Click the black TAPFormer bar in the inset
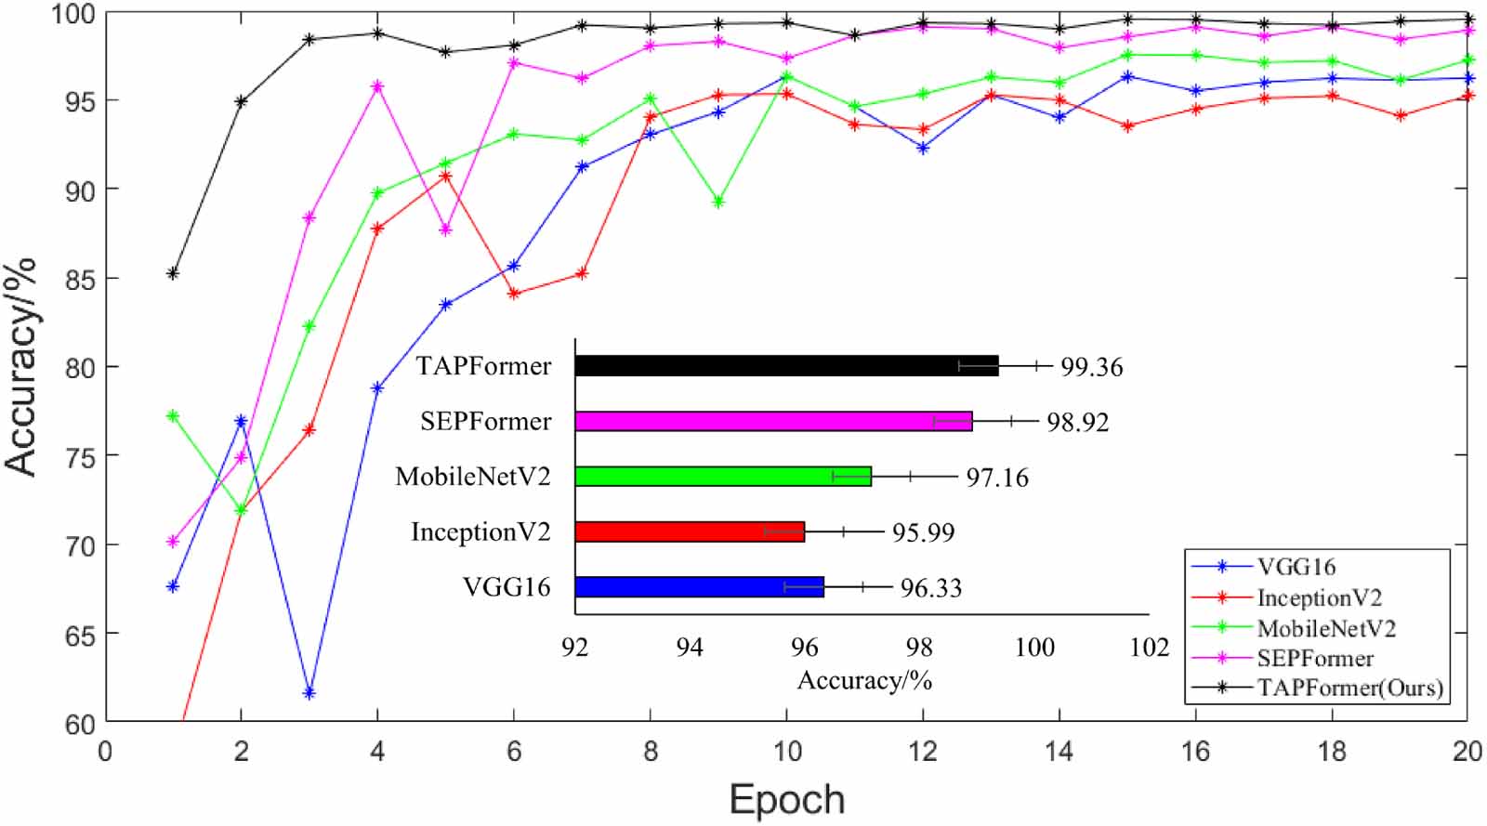(786, 365)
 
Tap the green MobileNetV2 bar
(723, 476)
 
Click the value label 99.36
(1091, 367)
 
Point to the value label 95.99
(923, 532)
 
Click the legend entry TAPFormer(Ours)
(1349, 688)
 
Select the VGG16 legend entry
(1296, 567)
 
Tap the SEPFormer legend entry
(1315, 658)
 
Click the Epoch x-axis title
(786, 799)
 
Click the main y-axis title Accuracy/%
(20, 366)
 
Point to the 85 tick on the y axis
(82, 279)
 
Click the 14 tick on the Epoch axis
(1059, 751)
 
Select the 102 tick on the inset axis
(1149, 648)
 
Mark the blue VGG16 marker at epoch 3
(309, 693)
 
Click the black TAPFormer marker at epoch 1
(173, 273)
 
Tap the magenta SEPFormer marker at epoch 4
(377, 86)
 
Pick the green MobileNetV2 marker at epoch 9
(718, 202)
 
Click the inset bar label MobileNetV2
(472, 477)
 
